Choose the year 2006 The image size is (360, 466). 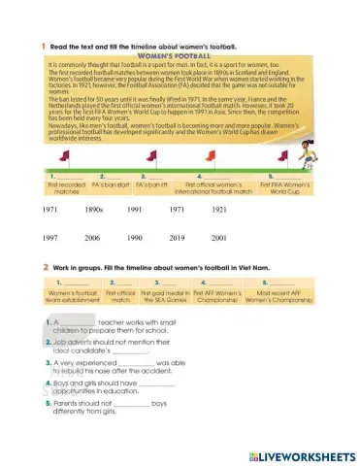click(x=92, y=237)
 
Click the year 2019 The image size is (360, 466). click(x=177, y=237)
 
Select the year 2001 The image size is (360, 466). click(x=218, y=237)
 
